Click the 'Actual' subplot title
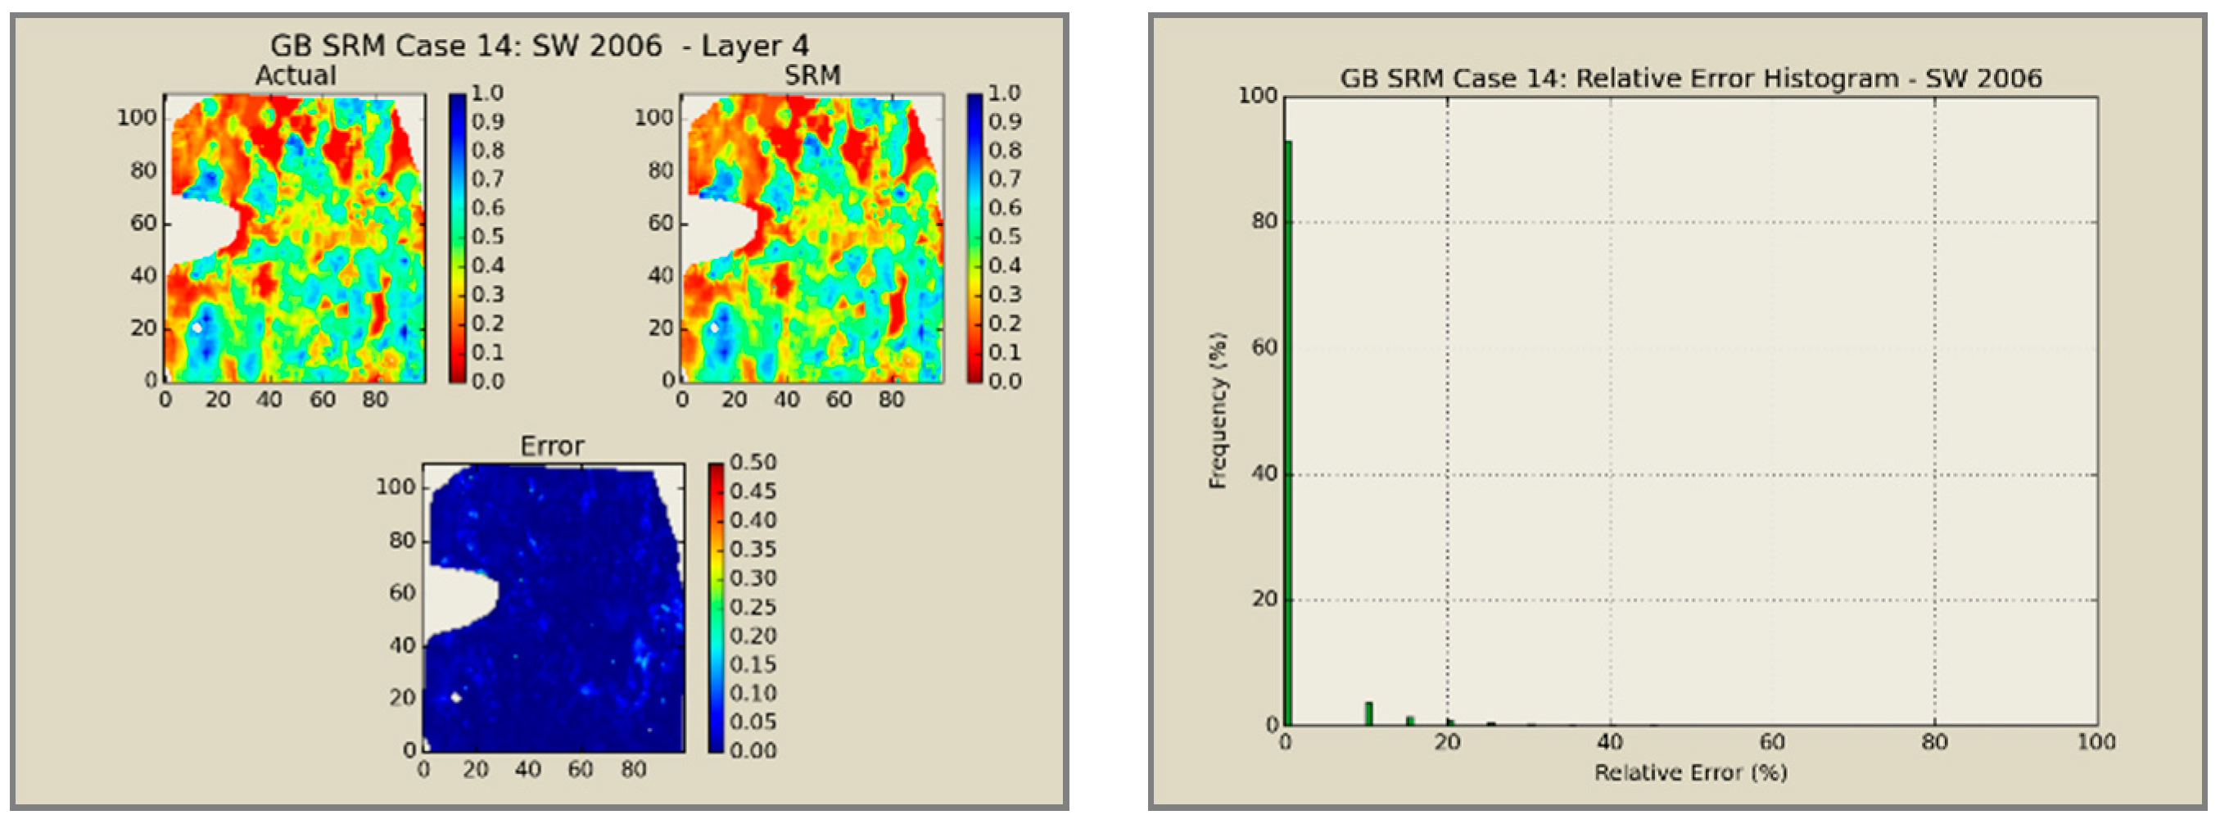(x=295, y=76)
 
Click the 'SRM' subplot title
(x=811, y=76)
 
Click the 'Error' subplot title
(x=552, y=446)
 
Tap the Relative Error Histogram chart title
(x=1690, y=79)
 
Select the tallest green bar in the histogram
(x=1288, y=431)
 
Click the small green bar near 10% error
(x=1368, y=713)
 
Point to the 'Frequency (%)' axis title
(x=1218, y=411)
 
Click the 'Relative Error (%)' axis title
(x=1690, y=772)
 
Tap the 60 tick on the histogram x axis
(x=1772, y=742)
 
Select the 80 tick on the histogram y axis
(x=1264, y=221)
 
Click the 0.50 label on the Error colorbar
(x=753, y=463)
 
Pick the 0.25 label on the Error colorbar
(x=753, y=607)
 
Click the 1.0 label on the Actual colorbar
(x=487, y=93)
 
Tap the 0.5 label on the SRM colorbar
(x=1004, y=236)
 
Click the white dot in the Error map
(x=456, y=697)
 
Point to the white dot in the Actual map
(x=197, y=328)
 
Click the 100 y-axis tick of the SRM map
(x=653, y=117)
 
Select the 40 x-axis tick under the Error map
(x=527, y=769)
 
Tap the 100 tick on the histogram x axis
(x=2096, y=742)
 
